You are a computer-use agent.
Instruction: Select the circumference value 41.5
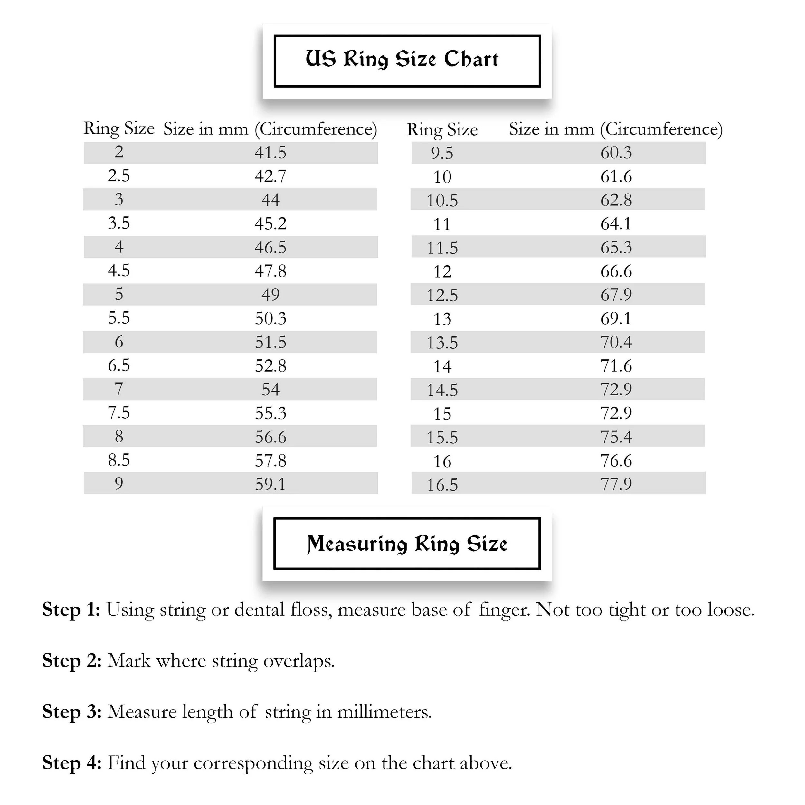click(x=270, y=153)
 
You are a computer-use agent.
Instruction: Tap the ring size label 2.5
click(x=119, y=176)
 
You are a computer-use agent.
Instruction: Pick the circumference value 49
click(x=270, y=295)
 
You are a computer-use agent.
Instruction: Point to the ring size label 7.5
click(x=119, y=413)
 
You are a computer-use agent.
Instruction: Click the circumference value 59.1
click(x=270, y=484)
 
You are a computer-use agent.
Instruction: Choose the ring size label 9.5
click(x=442, y=153)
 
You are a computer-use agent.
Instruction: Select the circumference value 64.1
click(x=616, y=224)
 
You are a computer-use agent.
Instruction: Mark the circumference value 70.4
click(x=616, y=342)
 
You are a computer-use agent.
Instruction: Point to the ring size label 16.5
click(x=442, y=485)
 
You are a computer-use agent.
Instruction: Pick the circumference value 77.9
click(x=616, y=484)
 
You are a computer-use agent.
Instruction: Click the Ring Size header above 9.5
click(x=442, y=129)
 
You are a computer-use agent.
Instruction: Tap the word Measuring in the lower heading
click(x=357, y=544)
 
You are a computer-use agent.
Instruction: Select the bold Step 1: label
click(x=71, y=610)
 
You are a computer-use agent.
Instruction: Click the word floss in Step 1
click(x=311, y=610)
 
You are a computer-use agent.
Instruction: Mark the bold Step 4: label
click(x=72, y=763)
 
